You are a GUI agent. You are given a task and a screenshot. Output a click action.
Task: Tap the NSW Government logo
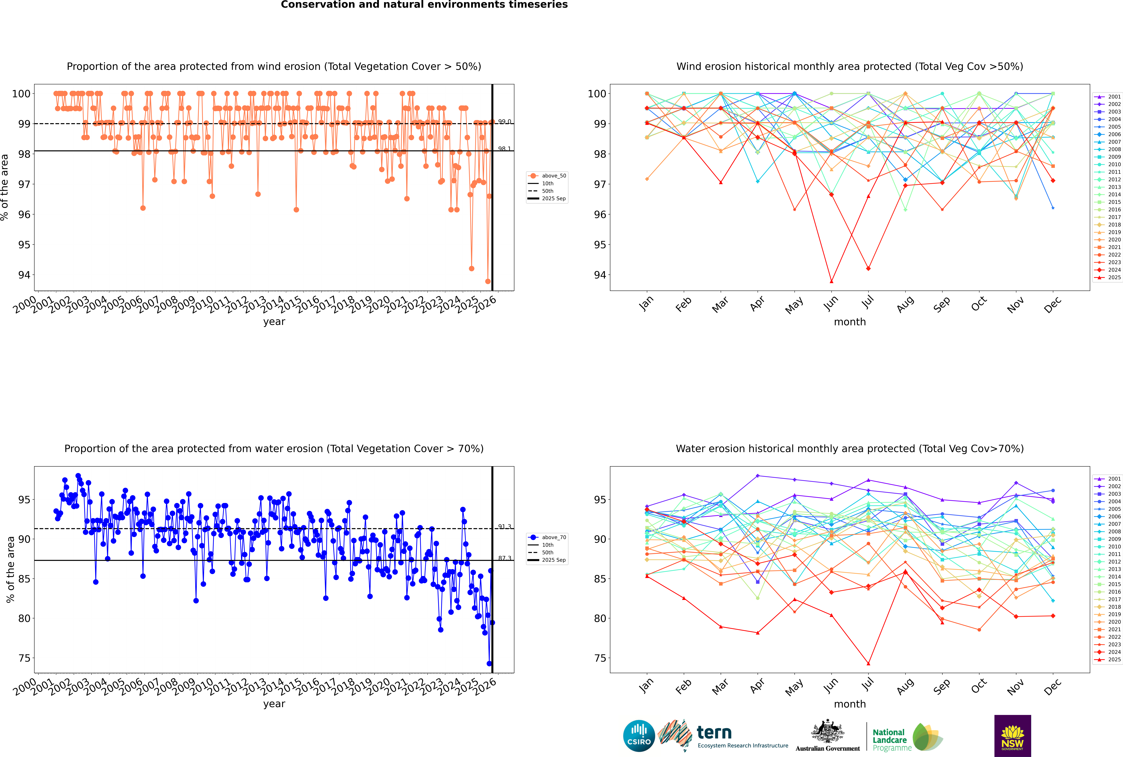click(x=1012, y=735)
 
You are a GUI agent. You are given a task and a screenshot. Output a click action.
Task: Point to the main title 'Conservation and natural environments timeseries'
click(x=424, y=5)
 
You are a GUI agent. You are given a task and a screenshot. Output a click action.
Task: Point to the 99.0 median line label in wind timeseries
click(x=505, y=122)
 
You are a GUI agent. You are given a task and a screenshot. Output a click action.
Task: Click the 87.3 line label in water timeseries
click(x=505, y=558)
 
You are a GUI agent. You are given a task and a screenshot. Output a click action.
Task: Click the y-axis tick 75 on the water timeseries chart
click(x=24, y=658)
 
